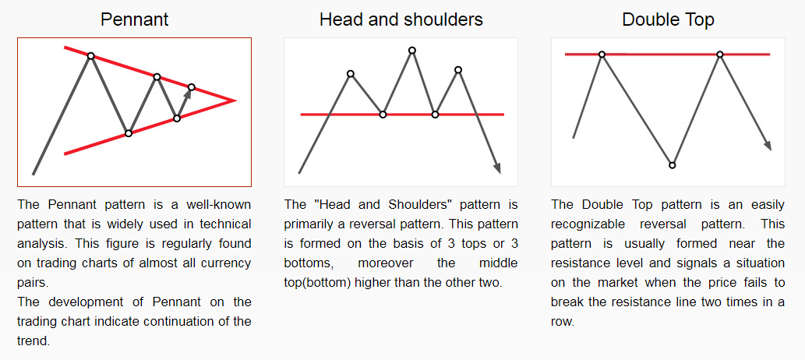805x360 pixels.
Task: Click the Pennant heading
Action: pos(133,19)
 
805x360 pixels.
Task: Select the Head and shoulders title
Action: pos(401,19)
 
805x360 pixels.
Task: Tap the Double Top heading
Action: pos(668,19)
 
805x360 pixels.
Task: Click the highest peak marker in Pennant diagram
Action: pos(91,56)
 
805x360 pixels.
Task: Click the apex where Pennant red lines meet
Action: pos(233,100)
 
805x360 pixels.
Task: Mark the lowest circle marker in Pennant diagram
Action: pos(129,133)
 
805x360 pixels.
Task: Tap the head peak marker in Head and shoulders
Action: pos(411,51)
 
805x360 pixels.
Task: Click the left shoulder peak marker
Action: pos(351,74)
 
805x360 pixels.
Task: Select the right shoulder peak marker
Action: pos(458,70)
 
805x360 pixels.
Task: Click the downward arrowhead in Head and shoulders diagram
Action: pos(497,169)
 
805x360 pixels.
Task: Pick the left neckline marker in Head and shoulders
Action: pos(383,115)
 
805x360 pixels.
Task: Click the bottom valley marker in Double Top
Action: pos(672,165)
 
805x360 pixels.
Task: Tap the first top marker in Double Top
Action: pos(602,55)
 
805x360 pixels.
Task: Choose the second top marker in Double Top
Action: pos(719,55)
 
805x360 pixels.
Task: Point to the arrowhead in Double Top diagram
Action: pos(768,146)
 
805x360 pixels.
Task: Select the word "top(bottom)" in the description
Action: pos(317,281)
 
